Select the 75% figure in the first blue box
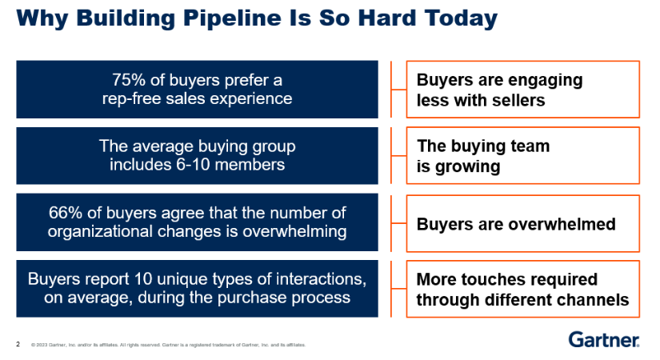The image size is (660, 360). pyautogui.click(x=127, y=80)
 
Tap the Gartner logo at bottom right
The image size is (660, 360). pyautogui.click(x=603, y=340)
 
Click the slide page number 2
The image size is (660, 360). pyautogui.click(x=18, y=345)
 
